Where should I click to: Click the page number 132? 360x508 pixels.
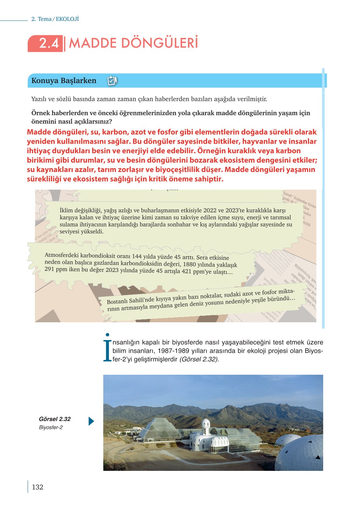pos(37,487)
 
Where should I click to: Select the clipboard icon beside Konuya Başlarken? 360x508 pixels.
pos(112,80)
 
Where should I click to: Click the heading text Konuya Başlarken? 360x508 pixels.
pos(64,80)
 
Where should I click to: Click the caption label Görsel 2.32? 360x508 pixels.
pos(55,419)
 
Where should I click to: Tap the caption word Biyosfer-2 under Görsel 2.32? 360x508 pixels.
pos(51,428)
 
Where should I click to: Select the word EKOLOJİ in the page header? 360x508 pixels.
pos(67,19)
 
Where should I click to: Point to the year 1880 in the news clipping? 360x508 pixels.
pos(189,264)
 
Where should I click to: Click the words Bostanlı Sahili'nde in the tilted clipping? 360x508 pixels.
pos(130,300)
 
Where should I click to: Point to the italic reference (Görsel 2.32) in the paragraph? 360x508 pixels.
pos(199,359)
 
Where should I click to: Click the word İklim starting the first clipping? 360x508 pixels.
pos(66,210)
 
